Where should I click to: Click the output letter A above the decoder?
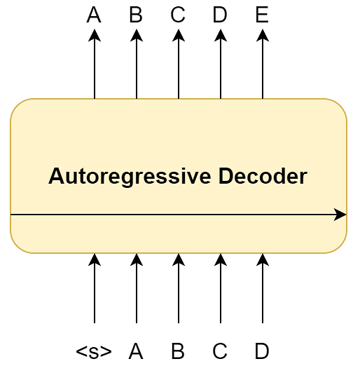94,15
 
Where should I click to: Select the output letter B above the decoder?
136,15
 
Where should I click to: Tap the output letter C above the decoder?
178,15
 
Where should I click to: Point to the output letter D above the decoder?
220,15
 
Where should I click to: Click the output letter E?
262,15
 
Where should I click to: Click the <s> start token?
94,351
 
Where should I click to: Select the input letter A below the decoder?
136,351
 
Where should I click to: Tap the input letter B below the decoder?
178,351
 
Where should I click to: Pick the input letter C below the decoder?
220,351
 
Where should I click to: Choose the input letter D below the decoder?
262,351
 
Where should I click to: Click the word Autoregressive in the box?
130,177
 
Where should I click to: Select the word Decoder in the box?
263,176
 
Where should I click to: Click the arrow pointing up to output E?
263,64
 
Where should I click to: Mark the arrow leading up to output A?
95,64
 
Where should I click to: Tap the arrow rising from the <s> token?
95,288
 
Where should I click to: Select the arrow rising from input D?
263,288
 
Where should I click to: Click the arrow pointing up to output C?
179,64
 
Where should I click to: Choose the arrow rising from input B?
179,288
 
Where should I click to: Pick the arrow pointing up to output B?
137,64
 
